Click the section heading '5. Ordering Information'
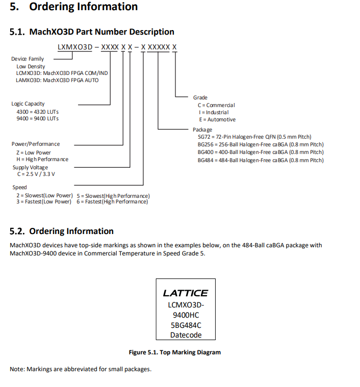tap(74, 7)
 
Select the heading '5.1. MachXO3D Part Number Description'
tap(92, 32)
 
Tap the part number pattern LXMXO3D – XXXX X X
tap(117, 47)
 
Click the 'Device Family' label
tap(28, 59)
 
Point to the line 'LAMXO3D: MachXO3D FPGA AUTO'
tap(57, 80)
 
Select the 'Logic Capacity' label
tap(28, 104)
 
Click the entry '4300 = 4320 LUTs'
tap(38, 111)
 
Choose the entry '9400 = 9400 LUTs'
tap(38, 118)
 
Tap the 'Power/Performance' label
tap(36, 144)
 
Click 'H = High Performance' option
tap(42, 160)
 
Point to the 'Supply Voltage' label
tap(30, 167)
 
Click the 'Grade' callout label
tap(200, 97)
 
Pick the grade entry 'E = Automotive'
tap(217, 120)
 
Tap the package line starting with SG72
tap(254, 137)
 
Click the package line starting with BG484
tap(260, 160)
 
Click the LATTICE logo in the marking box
tap(185, 293)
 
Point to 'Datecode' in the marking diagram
tap(186, 335)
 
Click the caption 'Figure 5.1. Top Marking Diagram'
tap(174, 352)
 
